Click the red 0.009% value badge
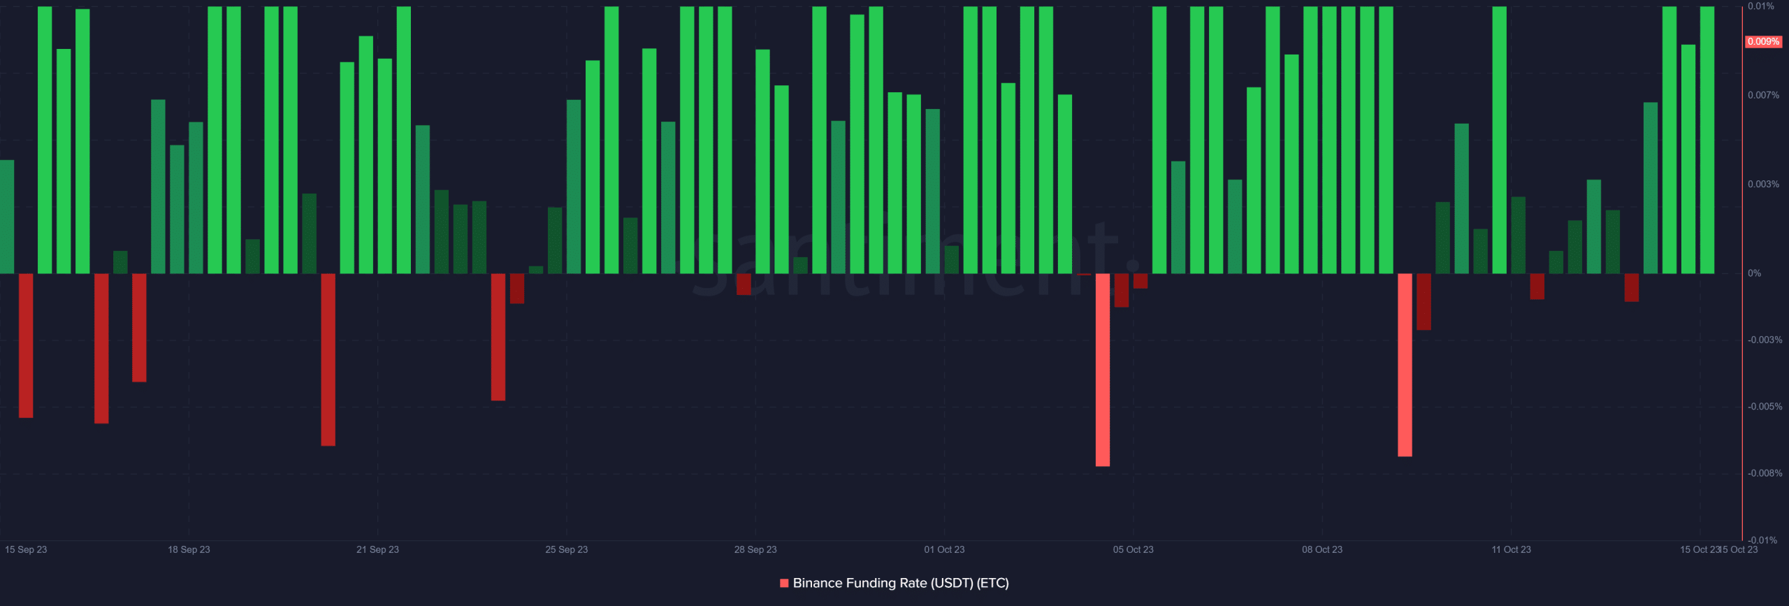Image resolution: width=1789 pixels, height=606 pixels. [x=1762, y=42]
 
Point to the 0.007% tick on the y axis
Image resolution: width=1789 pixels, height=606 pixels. [x=1763, y=95]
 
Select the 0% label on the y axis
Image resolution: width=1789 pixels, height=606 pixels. [x=1754, y=273]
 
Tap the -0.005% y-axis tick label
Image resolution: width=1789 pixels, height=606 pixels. [x=1765, y=407]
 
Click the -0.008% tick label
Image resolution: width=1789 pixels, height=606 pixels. [x=1765, y=473]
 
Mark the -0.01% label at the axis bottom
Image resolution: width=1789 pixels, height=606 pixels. [x=1762, y=540]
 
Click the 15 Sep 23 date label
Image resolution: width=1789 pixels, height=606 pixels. [x=26, y=549]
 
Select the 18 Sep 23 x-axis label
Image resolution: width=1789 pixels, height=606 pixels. [x=189, y=549]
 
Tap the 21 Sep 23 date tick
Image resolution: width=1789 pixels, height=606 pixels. [x=377, y=549]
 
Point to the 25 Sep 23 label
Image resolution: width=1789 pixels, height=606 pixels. [x=566, y=549]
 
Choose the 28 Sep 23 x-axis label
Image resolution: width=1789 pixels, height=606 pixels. [x=755, y=549]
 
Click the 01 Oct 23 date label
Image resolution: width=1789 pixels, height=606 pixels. [x=944, y=549]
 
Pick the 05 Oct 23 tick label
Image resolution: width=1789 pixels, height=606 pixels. [x=1133, y=549]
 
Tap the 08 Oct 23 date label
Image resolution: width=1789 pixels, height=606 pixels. [x=1321, y=549]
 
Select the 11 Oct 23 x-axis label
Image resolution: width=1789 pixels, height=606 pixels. [x=1511, y=549]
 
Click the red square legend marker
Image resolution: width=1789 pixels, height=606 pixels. [x=784, y=583]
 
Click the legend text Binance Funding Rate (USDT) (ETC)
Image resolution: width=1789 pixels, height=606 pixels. [x=901, y=583]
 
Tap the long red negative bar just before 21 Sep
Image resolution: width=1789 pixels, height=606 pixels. [x=328, y=359]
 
